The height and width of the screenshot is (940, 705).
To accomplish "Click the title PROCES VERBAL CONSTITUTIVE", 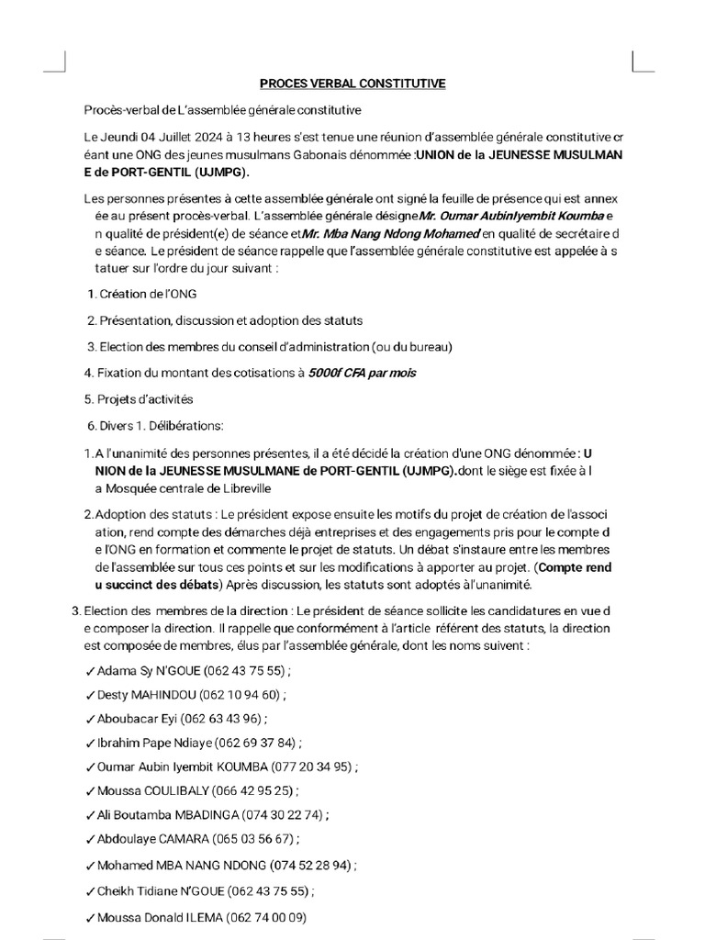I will coord(352,84).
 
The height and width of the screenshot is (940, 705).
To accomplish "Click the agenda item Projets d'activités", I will coord(145,399).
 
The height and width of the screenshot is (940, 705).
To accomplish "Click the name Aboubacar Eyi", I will coord(137,719).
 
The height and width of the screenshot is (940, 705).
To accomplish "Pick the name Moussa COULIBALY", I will coord(151,789).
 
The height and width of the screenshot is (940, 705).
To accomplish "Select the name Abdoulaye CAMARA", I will coord(152,838).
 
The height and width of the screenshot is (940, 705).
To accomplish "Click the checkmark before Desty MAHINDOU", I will coord(89,695).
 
